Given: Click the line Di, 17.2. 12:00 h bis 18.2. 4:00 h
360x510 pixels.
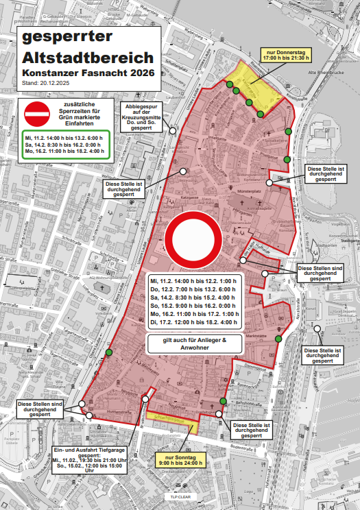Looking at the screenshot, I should (x=194, y=322).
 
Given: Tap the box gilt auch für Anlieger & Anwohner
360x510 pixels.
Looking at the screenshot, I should (x=195, y=344).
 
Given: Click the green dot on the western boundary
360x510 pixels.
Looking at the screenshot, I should (x=108, y=353).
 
